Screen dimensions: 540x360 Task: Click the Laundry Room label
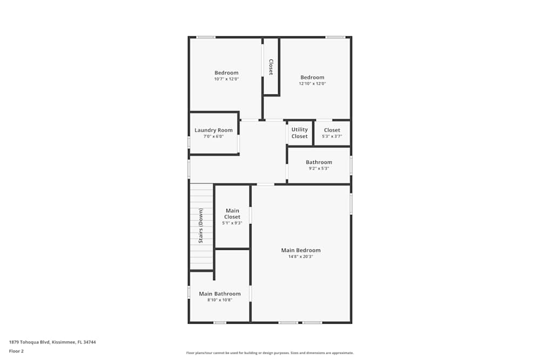213,130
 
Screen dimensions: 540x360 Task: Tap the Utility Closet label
300,133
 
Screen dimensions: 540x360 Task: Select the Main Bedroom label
301,250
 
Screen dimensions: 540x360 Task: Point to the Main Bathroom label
220,294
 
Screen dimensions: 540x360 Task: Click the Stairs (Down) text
201,226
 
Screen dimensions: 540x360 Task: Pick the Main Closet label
232,214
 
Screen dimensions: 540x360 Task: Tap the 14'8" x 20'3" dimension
301,256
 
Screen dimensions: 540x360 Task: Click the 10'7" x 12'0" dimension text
226,79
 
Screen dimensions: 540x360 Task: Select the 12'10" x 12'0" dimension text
312,83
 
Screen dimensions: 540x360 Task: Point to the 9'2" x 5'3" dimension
319,168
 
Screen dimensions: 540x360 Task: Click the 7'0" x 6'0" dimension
213,137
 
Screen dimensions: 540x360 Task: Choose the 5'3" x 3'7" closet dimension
332,137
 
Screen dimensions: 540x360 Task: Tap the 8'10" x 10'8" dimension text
220,300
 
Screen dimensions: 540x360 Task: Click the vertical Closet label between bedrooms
271,67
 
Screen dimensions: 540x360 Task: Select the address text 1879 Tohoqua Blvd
30,342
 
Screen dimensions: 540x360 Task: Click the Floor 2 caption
16,351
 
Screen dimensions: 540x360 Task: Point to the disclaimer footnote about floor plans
269,353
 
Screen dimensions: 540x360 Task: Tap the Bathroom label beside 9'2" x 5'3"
319,162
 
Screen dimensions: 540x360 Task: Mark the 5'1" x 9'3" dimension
232,223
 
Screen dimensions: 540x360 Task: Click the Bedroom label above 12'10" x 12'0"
312,77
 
